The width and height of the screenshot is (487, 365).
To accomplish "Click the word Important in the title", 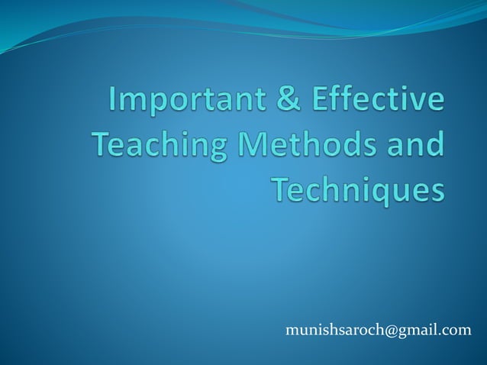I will tap(185, 102).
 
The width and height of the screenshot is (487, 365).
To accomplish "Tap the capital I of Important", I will tap(114, 102).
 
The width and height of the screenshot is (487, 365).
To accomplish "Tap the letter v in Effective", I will tap(421, 104).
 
